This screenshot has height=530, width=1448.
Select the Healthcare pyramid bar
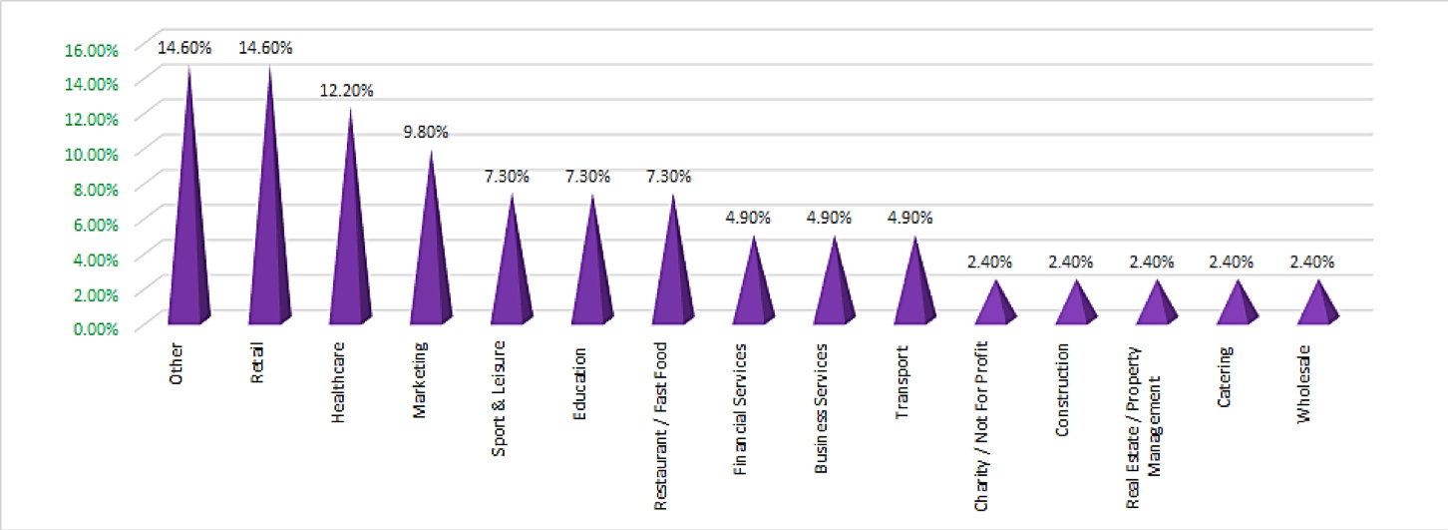(349, 250)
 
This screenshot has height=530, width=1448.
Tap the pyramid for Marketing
(430, 260)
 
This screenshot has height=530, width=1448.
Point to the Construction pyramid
(1076, 305)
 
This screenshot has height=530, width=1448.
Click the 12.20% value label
(346, 90)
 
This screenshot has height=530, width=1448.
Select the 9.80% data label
(426, 132)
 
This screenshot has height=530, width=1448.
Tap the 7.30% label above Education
(588, 177)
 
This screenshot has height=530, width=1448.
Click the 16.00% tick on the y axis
(92, 48)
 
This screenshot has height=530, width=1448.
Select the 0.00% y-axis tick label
(95, 328)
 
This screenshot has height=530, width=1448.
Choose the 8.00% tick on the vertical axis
(95, 188)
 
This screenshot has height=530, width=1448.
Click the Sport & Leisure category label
(500, 399)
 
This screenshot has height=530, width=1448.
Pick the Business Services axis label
(822, 409)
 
